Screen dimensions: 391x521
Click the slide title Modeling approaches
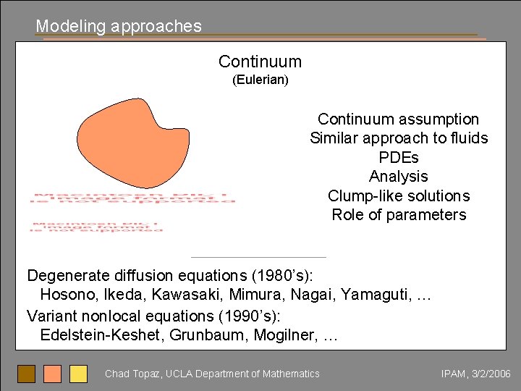[119, 26]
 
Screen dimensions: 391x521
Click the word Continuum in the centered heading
[260, 62]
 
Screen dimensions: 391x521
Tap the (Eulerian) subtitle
[260, 80]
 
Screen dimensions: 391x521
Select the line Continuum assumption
[398, 119]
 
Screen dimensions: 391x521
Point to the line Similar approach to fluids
[399, 138]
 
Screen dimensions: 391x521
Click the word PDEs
[399, 157]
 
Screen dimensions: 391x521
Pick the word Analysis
[399, 177]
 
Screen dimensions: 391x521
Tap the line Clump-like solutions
[399, 195]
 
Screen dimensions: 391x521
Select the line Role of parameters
[399, 215]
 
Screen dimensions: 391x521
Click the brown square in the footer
[26, 374]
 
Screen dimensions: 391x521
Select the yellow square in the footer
[78, 374]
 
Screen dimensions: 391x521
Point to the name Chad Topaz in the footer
[133, 374]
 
